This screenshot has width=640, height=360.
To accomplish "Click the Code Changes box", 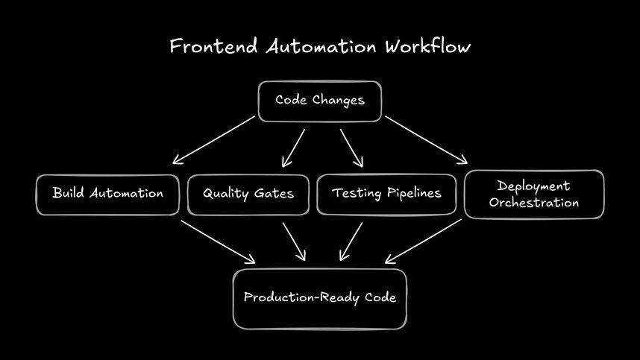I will tap(320, 101).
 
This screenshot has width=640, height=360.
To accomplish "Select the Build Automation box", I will tap(107, 194).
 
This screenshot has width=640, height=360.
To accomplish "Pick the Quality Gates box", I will tap(248, 194).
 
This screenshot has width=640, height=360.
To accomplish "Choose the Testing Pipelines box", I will tap(386, 194).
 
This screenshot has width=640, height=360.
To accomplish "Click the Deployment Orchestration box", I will tap(534, 195).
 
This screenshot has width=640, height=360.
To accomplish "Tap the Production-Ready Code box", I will tap(320, 298).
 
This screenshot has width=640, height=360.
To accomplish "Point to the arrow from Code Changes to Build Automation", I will tap(214, 139).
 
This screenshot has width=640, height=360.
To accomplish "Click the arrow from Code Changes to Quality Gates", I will tap(294, 148).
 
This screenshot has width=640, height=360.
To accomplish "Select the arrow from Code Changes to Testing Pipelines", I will tap(351, 148).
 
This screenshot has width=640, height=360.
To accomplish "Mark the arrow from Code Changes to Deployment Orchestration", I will tap(426, 139).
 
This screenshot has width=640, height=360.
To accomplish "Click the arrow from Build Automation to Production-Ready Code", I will tap(217, 241).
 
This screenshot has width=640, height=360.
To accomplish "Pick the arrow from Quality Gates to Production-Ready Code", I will tap(294, 241).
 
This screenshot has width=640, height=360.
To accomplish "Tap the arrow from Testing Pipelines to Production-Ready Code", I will tap(351, 242).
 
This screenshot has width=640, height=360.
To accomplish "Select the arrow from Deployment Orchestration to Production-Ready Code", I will tap(423, 241).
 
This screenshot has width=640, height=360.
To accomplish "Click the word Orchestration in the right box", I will tap(534, 203).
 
